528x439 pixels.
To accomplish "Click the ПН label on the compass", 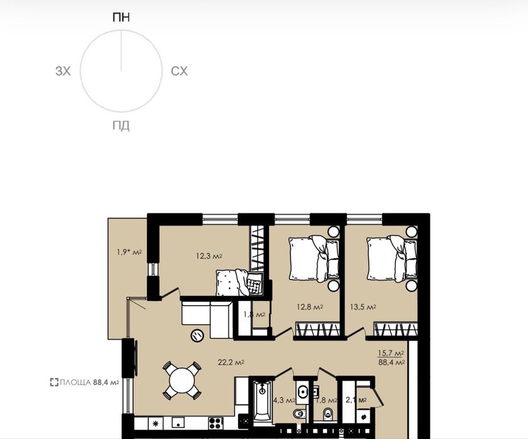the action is pyautogui.click(x=121, y=17).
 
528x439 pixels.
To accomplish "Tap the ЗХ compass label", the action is pyautogui.click(x=63, y=72).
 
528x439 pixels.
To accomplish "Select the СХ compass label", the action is pyautogui.click(x=179, y=72).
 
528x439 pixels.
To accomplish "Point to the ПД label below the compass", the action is pyautogui.click(x=121, y=126).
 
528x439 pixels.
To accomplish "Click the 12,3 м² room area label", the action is pyautogui.click(x=209, y=256).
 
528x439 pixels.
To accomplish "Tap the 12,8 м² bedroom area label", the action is pyautogui.click(x=310, y=306).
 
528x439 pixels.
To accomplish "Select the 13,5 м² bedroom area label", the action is pyautogui.click(x=363, y=306).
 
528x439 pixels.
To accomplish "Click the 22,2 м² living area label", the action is pyautogui.click(x=231, y=362).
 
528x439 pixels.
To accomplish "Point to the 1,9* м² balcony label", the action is pyautogui.click(x=129, y=252).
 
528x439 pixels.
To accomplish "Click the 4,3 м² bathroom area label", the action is pyautogui.click(x=284, y=400).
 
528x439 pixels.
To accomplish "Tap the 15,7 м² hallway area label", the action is pyautogui.click(x=390, y=353).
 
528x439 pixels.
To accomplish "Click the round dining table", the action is pyautogui.click(x=182, y=381).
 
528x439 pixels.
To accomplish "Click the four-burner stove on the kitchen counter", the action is pyautogui.click(x=216, y=423).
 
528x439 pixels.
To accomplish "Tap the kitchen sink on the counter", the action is pyautogui.click(x=178, y=423).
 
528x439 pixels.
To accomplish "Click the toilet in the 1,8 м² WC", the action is pyautogui.click(x=327, y=414).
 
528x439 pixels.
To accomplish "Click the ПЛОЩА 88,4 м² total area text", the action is pyautogui.click(x=89, y=382).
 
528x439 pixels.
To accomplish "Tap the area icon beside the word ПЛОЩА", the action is pyautogui.click(x=54, y=382).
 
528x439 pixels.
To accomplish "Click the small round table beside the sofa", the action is pyautogui.click(x=197, y=335).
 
